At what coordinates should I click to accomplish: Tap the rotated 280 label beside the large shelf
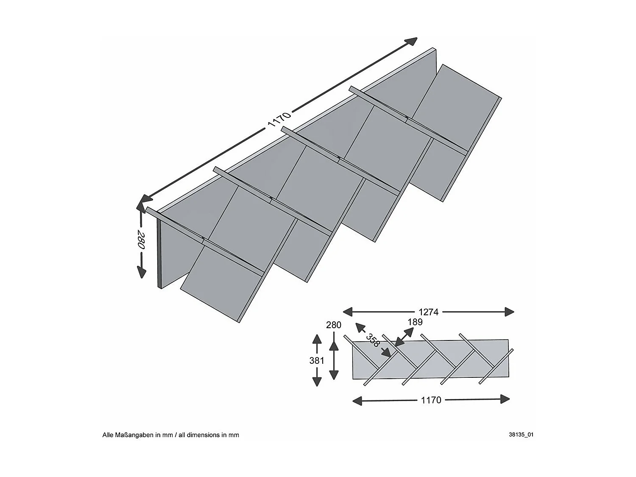pyautogui.click(x=141, y=240)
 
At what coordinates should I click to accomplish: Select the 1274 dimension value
pyautogui.click(x=429, y=312)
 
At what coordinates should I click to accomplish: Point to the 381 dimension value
pyautogui.click(x=317, y=360)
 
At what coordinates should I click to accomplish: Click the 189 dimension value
pyautogui.click(x=415, y=322)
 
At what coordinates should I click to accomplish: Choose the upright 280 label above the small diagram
pyautogui.click(x=334, y=325)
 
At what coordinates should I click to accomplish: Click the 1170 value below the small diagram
pyautogui.click(x=431, y=400)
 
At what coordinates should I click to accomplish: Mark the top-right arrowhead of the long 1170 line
pyautogui.click(x=411, y=41)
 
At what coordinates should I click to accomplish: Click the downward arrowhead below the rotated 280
pyautogui.click(x=141, y=273)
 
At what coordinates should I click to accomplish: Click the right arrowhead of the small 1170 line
pyautogui.click(x=505, y=399)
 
